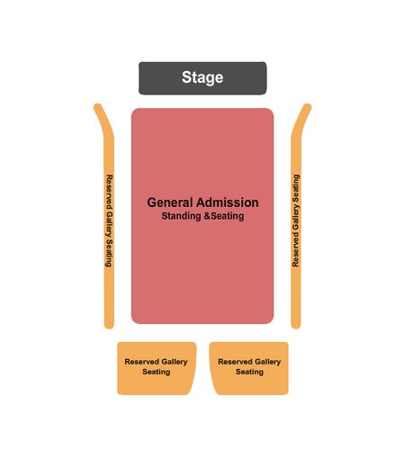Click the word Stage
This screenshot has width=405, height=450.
tap(202, 77)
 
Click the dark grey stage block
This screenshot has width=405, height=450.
tap(202, 78)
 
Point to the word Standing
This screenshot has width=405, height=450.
tap(181, 216)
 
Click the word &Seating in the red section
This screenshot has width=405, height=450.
tap(223, 216)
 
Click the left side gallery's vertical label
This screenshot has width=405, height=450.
tap(109, 220)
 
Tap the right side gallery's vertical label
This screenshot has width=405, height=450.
tap(296, 220)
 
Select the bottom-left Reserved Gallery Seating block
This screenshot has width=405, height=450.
tap(157, 368)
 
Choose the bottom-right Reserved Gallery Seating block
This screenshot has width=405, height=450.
tap(249, 368)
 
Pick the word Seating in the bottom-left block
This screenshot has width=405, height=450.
tap(157, 372)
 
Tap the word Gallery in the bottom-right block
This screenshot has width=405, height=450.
tap(265, 362)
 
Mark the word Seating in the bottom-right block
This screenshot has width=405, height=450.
tap(249, 372)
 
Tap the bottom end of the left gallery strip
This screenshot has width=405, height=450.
tap(109, 325)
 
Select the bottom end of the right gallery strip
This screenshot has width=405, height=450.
tap(296, 325)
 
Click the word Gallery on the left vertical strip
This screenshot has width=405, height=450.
tap(109, 224)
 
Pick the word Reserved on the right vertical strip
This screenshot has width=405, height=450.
tap(296, 252)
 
